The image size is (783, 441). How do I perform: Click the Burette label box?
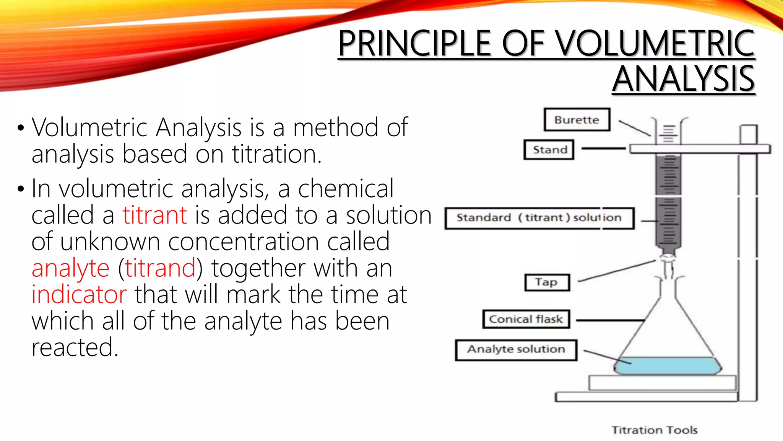(577, 120)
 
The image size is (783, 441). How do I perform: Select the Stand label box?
(549, 150)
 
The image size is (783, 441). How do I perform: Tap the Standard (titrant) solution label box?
(539, 218)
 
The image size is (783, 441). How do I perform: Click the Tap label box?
(547, 283)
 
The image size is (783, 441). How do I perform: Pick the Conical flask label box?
(526, 319)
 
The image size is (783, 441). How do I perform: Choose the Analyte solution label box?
(516, 350)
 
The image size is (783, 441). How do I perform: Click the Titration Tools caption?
(654, 430)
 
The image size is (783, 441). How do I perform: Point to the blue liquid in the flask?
(667, 366)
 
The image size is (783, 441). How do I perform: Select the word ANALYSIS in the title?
(684, 79)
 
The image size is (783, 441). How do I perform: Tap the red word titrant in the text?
(154, 215)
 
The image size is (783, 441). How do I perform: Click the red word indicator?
(79, 295)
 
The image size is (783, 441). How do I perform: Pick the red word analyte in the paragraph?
(70, 268)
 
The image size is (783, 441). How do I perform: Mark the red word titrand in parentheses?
(160, 268)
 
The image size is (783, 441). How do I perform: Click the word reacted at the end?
(75, 348)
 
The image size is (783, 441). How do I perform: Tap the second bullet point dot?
(21, 189)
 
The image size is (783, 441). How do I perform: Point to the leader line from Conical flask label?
(610, 320)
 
